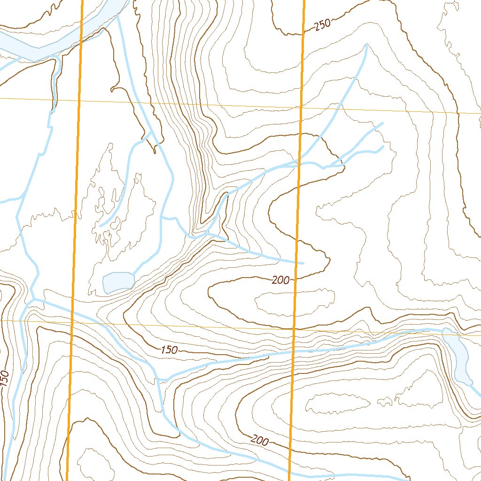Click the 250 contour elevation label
click(323, 25)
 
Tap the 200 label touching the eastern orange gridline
click(281, 280)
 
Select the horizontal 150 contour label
click(169, 350)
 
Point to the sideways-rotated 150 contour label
click(4, 379)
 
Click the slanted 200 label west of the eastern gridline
click(260, 441)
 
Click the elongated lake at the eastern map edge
click(458, 355)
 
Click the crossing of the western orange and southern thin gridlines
click(72, 322)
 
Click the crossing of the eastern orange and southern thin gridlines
click(294, 329)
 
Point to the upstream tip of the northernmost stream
click(366, 45)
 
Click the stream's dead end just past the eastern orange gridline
click(303, 263)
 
